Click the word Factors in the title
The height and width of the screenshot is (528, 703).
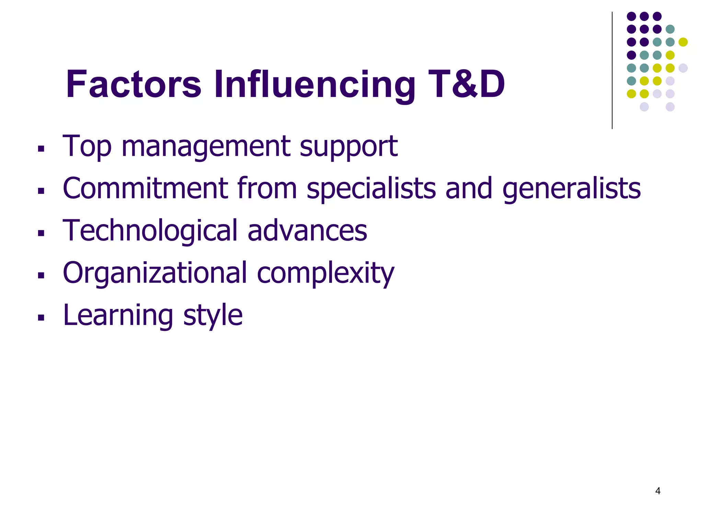pos(133,85)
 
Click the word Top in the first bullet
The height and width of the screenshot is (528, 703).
pos(87,147)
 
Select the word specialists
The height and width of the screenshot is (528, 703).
pos(371,189)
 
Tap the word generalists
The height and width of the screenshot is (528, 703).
pos(571,189)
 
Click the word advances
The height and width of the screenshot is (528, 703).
pos(307,231)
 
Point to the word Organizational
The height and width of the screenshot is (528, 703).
pos(155,273)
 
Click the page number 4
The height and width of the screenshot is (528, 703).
pos(658,491)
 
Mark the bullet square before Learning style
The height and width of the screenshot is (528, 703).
pos(41,318)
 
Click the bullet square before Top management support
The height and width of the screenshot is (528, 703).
pos(41,149)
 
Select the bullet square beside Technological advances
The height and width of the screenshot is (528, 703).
pos(41,233)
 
